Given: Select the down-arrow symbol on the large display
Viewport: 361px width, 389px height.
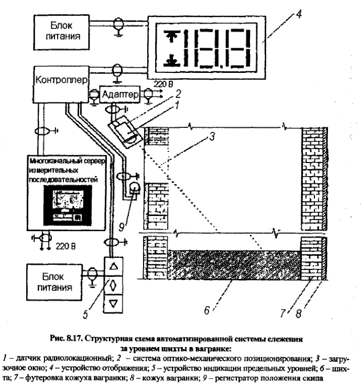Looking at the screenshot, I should tap(169, 61).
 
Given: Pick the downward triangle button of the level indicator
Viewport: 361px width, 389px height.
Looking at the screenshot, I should tap(116, 302).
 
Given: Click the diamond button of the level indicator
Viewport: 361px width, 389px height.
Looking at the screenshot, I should tap(116, 285).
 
